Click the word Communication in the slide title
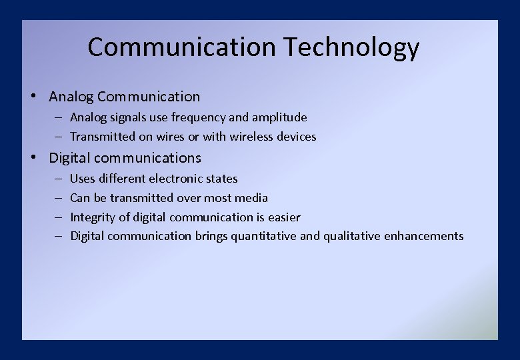pyautogui.click(x=181, y=47)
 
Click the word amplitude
pyautogui.click(x=279, y=117)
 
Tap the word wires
pyautogui.click(x=169, y=137)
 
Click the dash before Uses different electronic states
pyautogui.click(x=59, y=179)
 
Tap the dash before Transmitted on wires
pyautogui.click(x=59, y=137)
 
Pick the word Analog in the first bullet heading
pyautogui.click(x=71, y=97)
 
